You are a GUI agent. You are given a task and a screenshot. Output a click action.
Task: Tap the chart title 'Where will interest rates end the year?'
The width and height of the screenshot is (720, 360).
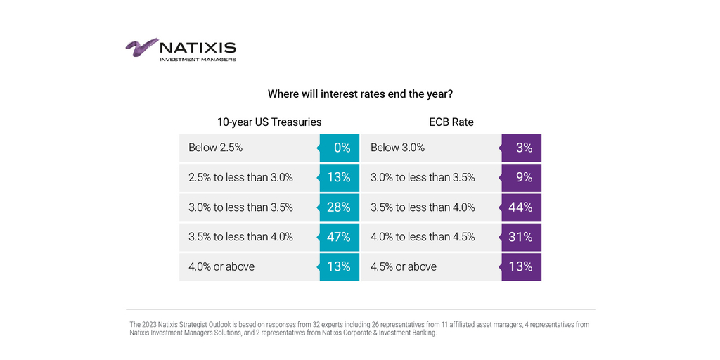[360, 94]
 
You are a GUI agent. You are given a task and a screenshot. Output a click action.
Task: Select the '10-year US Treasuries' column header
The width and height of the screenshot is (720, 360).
[269, 122]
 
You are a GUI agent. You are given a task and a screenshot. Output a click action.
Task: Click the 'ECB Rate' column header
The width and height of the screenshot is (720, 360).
[451, 122]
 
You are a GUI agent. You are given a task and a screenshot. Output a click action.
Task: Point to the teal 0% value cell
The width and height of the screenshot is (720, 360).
[340, 148]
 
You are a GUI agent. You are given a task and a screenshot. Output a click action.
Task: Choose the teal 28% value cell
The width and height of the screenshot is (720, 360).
[338, 207]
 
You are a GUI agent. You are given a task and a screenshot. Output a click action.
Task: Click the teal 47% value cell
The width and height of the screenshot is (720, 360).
[338, 237]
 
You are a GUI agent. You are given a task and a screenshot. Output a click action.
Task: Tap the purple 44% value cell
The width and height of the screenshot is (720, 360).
[521, 207]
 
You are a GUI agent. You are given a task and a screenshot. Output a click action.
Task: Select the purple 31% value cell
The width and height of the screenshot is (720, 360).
[521, 237]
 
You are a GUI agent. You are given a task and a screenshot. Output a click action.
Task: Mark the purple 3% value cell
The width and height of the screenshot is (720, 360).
[522, 148]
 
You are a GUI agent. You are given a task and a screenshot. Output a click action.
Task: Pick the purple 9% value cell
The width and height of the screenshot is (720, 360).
[522, 178]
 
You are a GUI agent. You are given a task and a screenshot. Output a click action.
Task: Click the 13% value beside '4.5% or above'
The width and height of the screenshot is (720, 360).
[521, 266]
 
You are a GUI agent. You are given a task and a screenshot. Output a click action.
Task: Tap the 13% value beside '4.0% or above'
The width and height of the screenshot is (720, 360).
[338, 266]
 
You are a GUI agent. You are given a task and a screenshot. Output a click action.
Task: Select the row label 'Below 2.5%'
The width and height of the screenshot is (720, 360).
[215, 148]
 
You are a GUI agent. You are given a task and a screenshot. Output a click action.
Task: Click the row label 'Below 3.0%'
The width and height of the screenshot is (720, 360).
[397, 148]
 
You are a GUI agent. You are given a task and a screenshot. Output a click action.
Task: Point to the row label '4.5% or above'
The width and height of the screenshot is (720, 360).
[404, 266]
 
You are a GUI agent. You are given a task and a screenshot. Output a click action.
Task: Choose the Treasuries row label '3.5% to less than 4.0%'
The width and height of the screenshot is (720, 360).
[240, 237]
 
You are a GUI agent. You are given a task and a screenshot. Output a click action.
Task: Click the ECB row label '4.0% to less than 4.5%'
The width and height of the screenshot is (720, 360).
[423, 237]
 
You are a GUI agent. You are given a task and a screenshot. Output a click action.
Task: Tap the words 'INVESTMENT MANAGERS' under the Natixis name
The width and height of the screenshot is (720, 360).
[198, 60]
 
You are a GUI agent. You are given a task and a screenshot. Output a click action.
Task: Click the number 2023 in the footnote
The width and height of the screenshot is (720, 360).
[147, 325]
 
